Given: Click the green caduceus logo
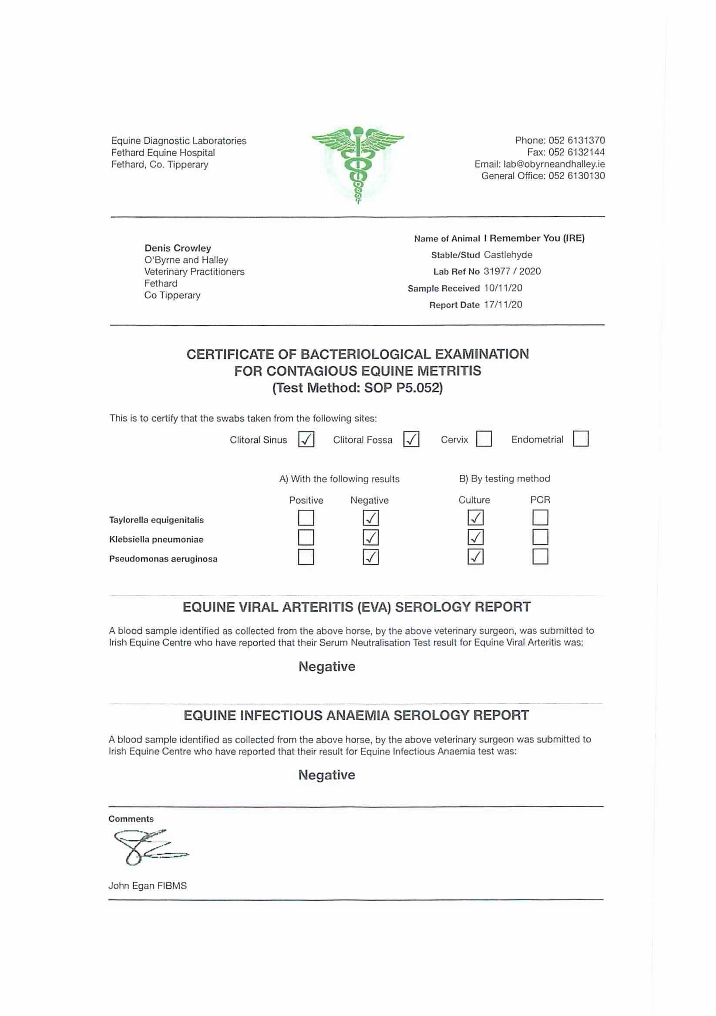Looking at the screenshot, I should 358,164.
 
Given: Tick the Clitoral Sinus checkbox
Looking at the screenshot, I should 306,439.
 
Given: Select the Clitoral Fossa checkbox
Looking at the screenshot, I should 411,439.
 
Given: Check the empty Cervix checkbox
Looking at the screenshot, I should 484,439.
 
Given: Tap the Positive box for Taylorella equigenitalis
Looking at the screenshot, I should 306,518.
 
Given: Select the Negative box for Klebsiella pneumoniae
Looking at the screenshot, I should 370,538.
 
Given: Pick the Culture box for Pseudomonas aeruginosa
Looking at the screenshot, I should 475,557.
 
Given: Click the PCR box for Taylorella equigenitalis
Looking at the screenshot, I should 540,517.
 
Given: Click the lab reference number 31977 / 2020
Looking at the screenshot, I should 512,271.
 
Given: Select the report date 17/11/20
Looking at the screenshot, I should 503,304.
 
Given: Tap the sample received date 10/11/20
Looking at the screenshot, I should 503,288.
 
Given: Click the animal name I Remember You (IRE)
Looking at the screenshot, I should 534,238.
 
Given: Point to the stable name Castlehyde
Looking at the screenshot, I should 508,254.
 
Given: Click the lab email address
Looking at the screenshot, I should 554,164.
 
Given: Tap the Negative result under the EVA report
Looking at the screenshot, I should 327,666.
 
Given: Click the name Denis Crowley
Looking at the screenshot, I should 178,248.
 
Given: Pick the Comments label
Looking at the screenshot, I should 131,819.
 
